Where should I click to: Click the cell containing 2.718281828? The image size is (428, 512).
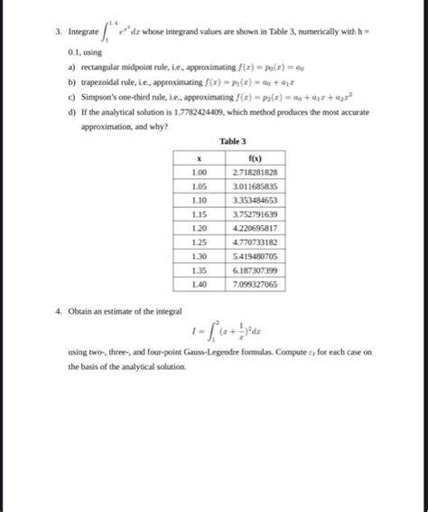(255, 171)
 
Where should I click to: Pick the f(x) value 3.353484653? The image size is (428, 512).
(255, 200)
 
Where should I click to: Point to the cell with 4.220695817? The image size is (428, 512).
(255, 228)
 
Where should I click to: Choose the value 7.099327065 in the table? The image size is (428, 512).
(255, 284)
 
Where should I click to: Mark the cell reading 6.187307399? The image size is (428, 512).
(255, 270)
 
